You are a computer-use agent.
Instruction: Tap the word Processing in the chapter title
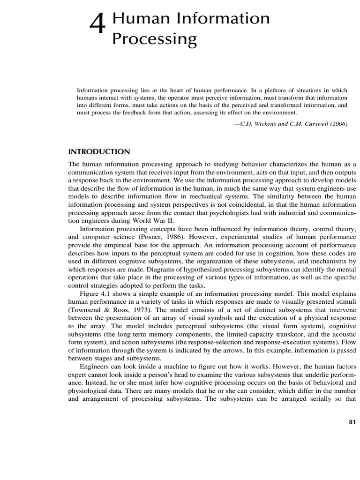click(x=154, y=39)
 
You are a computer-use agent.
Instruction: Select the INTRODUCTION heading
click(x=99, y=151)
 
